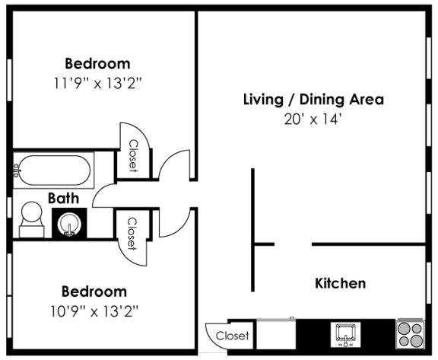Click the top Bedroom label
point(97,63)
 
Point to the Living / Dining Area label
point(313,99)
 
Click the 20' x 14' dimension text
point(313,119)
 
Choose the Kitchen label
point(340,284)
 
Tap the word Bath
point(64,198)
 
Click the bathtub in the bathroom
point(53,171)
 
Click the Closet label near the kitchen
point(232,336)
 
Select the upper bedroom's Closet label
point(132,155)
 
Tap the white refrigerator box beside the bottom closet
point(275,333)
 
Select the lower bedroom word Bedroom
point(94,292)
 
